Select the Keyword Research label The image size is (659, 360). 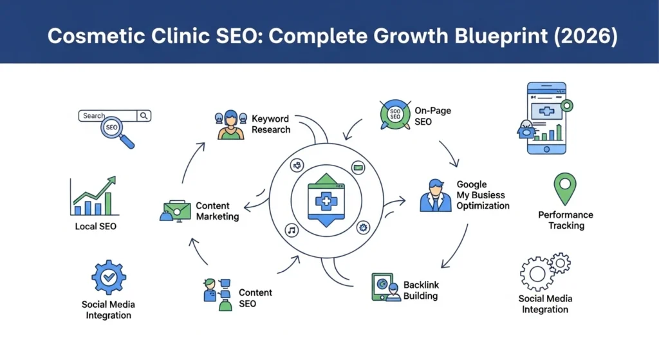pos(270,124)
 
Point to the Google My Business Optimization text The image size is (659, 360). pos(483,195)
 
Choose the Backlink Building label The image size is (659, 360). pos(421,290)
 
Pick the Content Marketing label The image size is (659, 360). pos(218,211)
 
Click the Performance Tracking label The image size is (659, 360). pos(566,220)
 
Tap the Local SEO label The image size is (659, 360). pos(95,226)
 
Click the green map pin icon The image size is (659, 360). pos(565,187)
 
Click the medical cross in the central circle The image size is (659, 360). pos(326,200)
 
